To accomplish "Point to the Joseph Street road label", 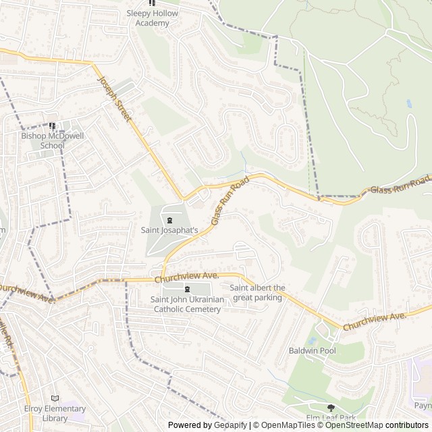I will [113, 97].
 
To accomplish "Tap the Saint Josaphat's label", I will [169, 230].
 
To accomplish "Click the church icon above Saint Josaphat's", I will [169, 219].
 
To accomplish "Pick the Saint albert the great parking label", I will [256, 292].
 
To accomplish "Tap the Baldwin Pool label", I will [312, 351].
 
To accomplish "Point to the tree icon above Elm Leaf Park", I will [331, 408].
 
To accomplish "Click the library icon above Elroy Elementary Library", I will [55, 399].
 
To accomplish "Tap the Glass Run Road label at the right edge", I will [400, 186].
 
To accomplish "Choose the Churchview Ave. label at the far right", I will [374, 321].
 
